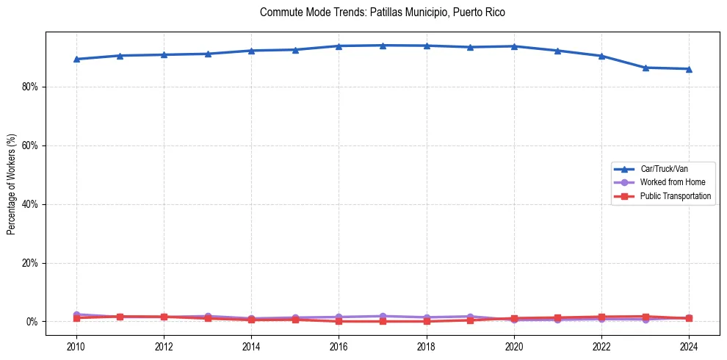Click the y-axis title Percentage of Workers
click(x=11, y=183)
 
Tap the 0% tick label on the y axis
click(x=32, y=322)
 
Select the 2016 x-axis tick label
click(x=339, y=345)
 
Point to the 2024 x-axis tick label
click(x=689, y=345)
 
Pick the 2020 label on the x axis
click(x=514, y=345)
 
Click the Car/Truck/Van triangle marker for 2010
click(x=76, y=59)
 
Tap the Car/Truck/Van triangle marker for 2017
click(x=383, y=46)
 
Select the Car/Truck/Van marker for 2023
click(x=645, y=68)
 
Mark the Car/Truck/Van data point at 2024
click(x=689, y=69)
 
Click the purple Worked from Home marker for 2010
click(x=76, y=314)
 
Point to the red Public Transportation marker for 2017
click(x=383, y=321)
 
